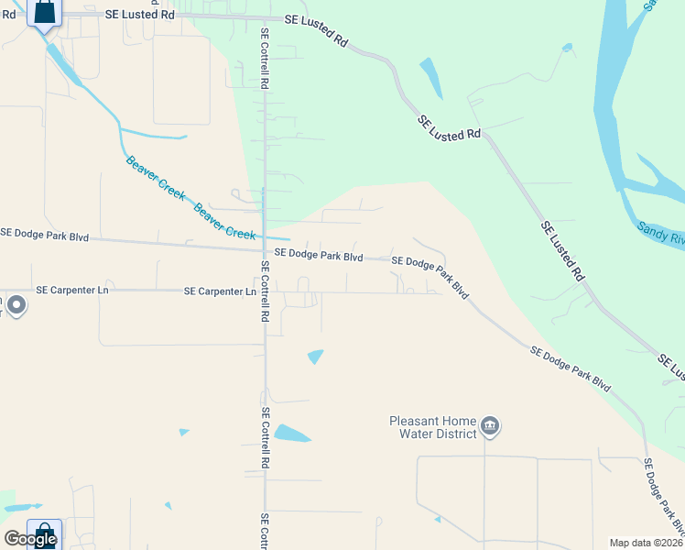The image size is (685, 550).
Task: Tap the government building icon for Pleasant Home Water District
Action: [x=490, y=426]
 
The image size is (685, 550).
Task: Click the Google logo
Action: [x=30, y=539]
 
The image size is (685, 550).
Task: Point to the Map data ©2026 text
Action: [x=646, y=543]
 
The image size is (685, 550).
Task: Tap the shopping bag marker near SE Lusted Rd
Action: [x=43, y=13]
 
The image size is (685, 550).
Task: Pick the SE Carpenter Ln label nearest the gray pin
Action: [x=72, y=290]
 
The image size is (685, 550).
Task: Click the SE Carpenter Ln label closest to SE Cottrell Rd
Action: [x=220, y=291]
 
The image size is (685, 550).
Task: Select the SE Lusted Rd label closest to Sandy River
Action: [x=562, y=250]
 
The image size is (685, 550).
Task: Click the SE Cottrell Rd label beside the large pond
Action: [x=266, y=439]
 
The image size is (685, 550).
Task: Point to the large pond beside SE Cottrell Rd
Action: [x=292, y=434]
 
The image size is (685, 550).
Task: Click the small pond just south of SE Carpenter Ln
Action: [x=316, y=357]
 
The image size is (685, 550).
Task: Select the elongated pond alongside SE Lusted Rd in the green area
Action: [x=430, y=77]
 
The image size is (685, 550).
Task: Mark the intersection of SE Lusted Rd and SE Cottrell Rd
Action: [x=265, y=17]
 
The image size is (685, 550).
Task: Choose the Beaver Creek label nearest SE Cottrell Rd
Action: [x=225, y=221]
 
